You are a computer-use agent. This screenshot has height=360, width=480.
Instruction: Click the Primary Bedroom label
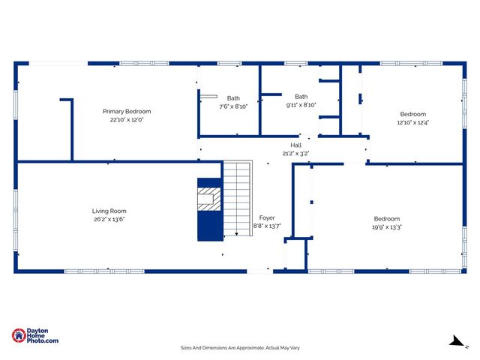pyautogui.click(x=126, y=111)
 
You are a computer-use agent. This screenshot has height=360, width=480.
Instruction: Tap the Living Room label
pyautogui.click(x=109, y=211)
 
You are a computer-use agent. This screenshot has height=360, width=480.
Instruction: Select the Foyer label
pyautogui.click(x=267, y=217)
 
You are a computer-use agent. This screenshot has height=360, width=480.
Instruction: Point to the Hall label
pyautogui.click(x=295, y=145)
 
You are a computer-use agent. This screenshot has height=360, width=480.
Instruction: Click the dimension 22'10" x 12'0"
pyautogui.click(x=126, y=119)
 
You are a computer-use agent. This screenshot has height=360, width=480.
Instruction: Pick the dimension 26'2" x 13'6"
pyautogui.click(x=109, y=220)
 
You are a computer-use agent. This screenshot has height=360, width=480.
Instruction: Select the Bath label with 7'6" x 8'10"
pyautogui.click(x=234, y=98)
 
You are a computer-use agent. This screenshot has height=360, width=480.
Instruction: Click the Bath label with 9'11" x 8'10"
pyautogui.click(x=301, y=96)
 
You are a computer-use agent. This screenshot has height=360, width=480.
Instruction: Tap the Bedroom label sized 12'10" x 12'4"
pyautogui.click(x=412, y=114)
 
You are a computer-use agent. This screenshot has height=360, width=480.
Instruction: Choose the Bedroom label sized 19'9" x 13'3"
pyautogui.click(x=387, y=218)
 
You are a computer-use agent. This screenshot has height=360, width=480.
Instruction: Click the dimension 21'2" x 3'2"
pyautogui.click(x=295, y=153)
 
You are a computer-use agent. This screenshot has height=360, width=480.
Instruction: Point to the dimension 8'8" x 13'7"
pyautogui.click(x=267, y=226)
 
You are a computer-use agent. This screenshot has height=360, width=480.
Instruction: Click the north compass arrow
pyautogui.click(x=454, y=341)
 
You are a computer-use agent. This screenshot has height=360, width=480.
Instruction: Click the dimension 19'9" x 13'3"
pyautogui.click(x=387, y=226)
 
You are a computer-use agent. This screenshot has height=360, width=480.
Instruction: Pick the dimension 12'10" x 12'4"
pyautogui.click(x=412, y=122)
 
